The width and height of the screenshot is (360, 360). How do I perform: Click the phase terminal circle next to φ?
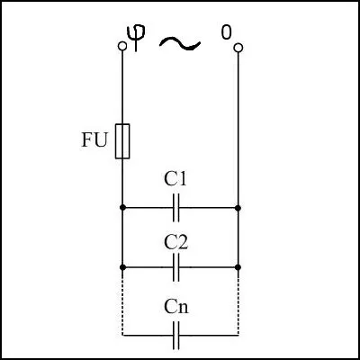point(122,46)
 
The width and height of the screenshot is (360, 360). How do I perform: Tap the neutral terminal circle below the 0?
point(238,48)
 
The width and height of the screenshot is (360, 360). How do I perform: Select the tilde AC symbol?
point(180,44)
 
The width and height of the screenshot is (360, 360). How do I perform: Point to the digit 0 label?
point(226,32)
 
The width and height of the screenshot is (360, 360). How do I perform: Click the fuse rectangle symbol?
point(122,141)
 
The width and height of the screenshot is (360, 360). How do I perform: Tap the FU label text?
point(94,139)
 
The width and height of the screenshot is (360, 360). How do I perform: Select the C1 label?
point(175,179)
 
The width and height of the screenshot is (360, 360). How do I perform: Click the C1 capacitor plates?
point(176,208)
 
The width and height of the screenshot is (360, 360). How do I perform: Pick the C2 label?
point(176,243)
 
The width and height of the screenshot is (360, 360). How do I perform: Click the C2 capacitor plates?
point(176,267)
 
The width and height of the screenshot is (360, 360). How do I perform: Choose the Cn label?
point(176,307)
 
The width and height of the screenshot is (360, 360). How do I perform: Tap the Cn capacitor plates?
point(176,336)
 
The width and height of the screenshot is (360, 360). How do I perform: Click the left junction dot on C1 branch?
point(122,208)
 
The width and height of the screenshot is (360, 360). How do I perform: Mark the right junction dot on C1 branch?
point(238,208)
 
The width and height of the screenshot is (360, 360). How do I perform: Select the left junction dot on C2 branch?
point(122,267)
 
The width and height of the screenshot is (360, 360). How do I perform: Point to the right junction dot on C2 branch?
point(238,267)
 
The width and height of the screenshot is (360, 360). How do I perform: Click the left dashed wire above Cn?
point(122,302)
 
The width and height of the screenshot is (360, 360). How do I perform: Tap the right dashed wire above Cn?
point(238,302)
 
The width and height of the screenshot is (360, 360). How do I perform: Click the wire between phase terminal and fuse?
point(122,87)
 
